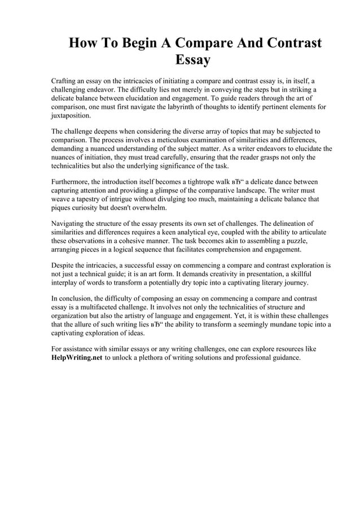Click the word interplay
pyautogui.click(x=65, y=283)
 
